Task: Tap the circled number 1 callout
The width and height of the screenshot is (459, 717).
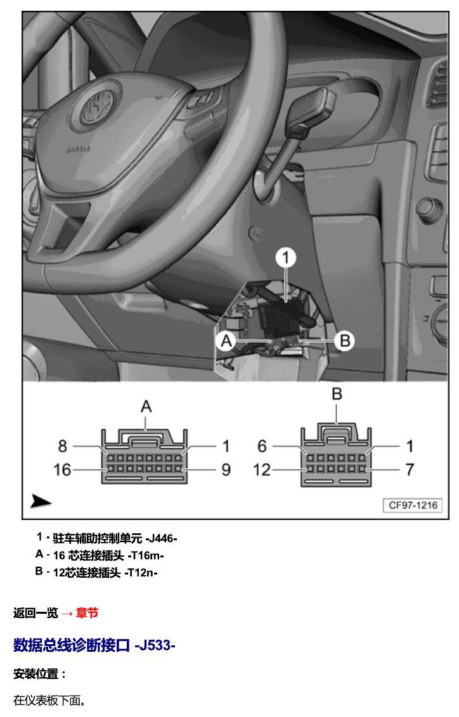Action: pyautogui.click(x=285, y=258)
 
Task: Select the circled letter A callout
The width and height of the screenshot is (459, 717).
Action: pyautogui.click(x=226, y=341)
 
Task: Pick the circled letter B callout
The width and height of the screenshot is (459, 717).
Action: pyautogui.click(x=345, y=341)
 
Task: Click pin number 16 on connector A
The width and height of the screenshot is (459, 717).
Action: pyautogui.click(x=62, y=469)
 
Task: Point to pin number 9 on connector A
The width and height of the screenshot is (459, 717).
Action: pyautogui.click(x=226, y=469)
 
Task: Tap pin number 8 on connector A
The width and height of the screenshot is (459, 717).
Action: pyautogui.click(x=63, y=446)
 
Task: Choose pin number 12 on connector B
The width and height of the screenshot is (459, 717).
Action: pyautogui.click(x=262, y=469)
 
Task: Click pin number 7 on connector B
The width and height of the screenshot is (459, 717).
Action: pyautogui.click(x=410, y=469)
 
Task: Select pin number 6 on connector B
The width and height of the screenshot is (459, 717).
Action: pyautogui.click(x=262, y=446)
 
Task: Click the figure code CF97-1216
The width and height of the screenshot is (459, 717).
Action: pyautogui.click(x=413, y=505)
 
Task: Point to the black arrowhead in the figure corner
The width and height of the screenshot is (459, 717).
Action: pyautogui.click(x=41, y=502)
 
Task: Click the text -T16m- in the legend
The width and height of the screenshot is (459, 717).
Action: pyautogui.click(x=146, y=555)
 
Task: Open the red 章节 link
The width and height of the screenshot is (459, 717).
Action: pyautogui.click(x=87, y=612)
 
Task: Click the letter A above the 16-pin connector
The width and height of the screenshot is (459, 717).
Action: pyautogui.click(x=146, y=406)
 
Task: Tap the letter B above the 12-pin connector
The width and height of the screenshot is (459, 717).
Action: pyautogui.click(x=337, y=394)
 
